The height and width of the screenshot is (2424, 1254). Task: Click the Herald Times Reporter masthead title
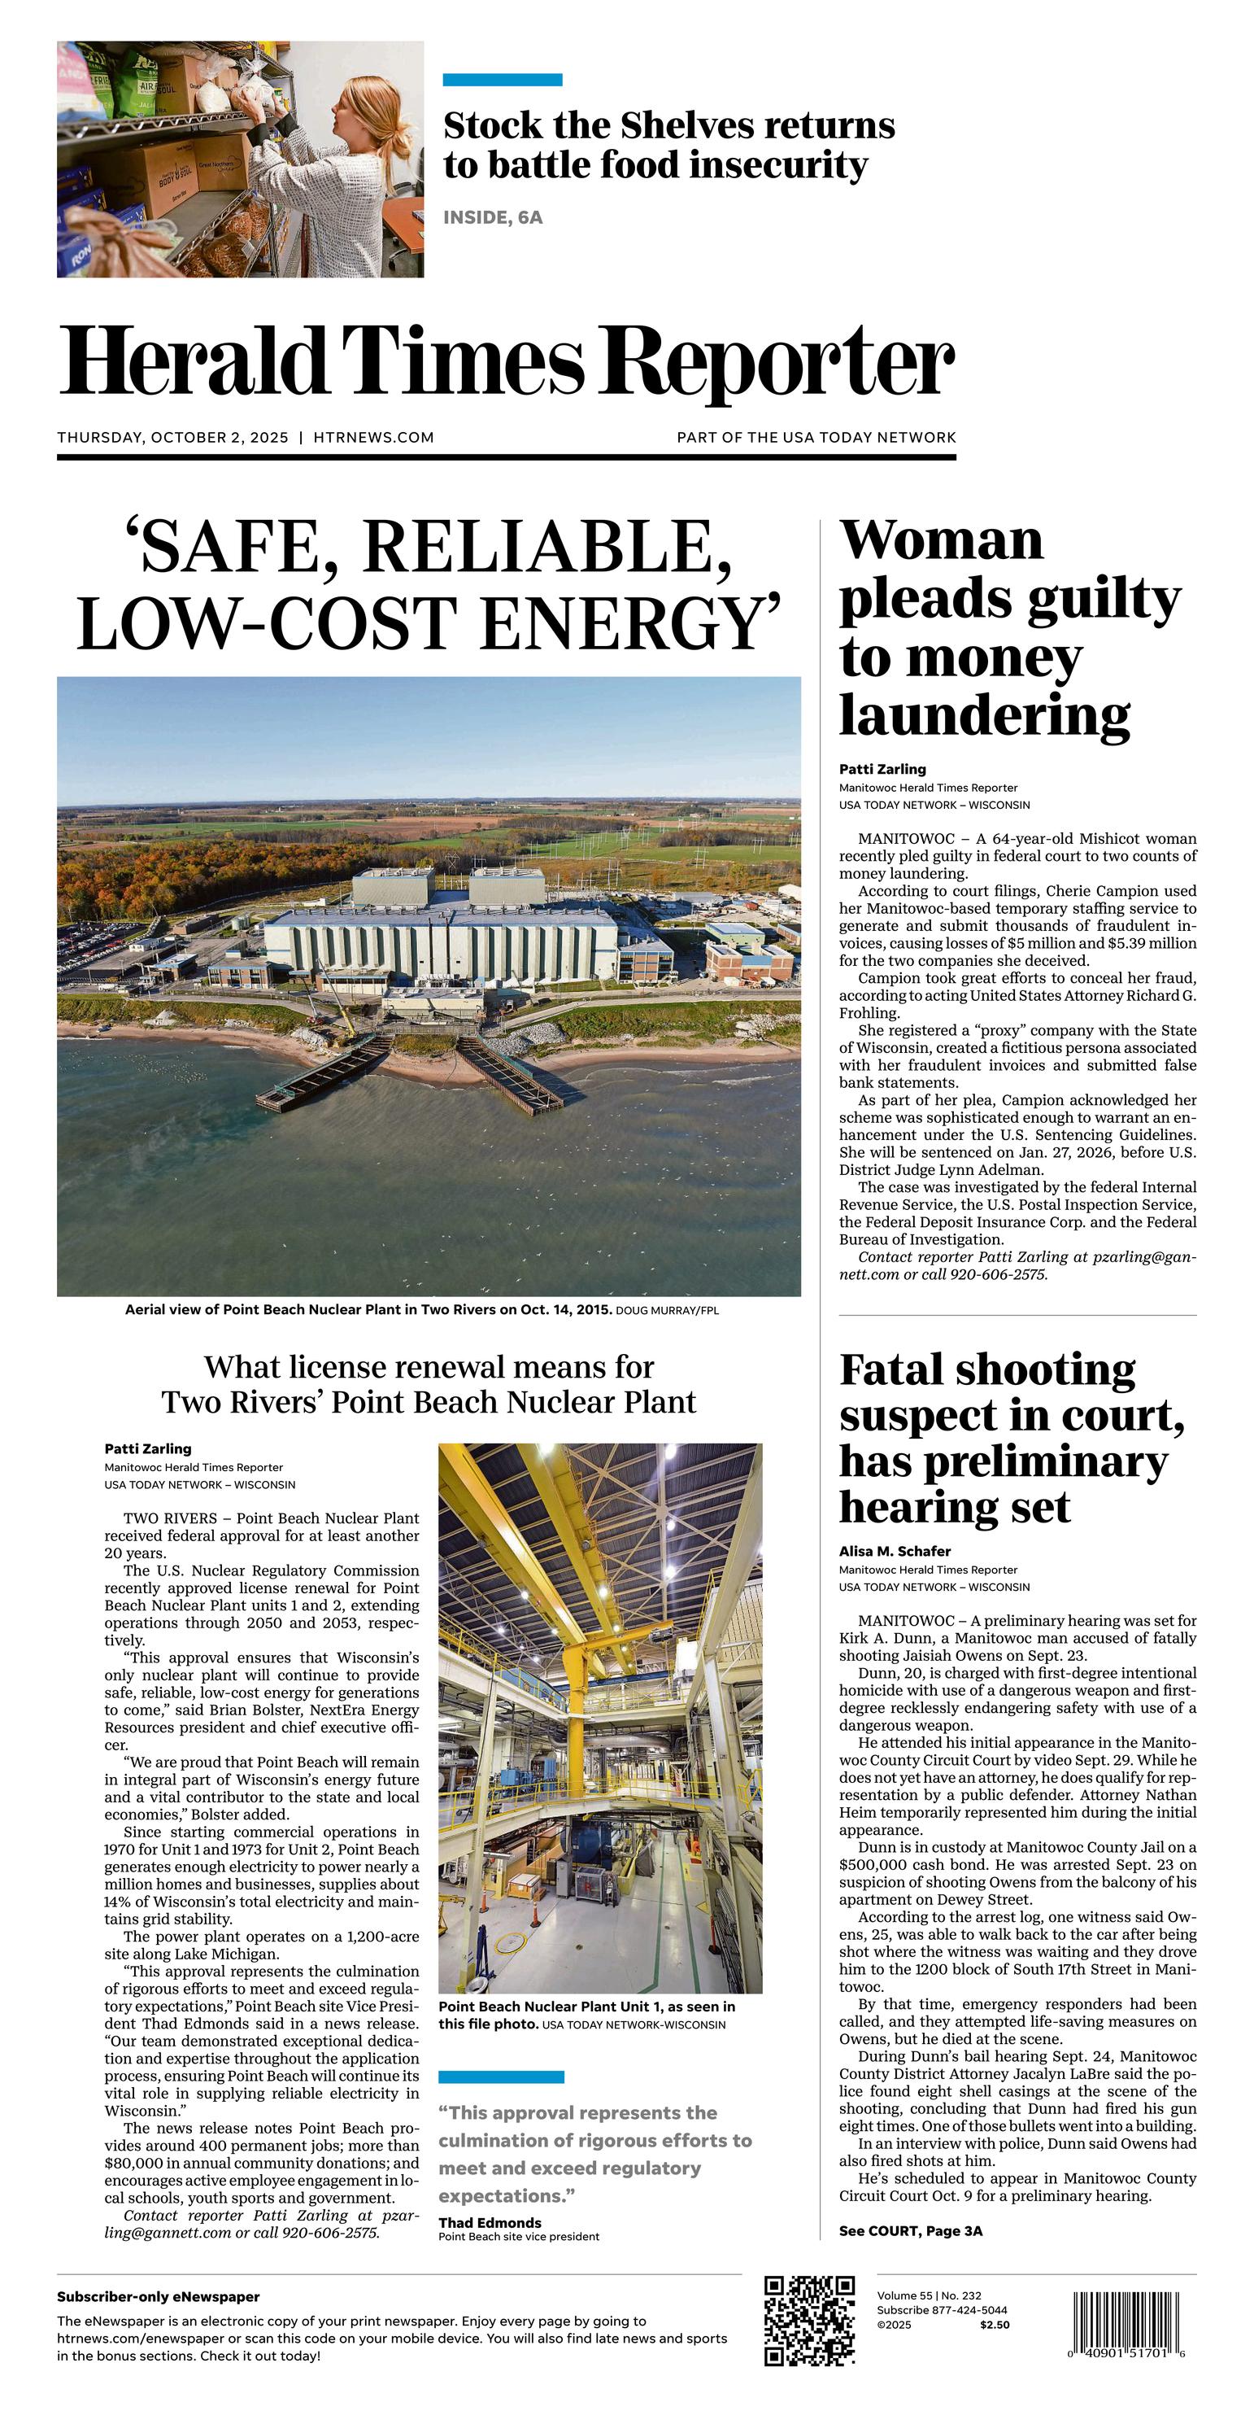[x=506, y=362]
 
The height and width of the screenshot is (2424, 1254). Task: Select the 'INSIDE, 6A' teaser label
[x=493, y=217]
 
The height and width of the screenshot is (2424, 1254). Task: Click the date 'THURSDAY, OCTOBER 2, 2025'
[x=172, y=438]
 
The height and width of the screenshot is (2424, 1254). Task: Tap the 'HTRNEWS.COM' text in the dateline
[x=373, y=438]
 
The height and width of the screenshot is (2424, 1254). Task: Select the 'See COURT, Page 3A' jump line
[x=911, y=2230]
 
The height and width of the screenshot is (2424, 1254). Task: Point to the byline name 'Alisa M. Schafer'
[x=895, y=1551]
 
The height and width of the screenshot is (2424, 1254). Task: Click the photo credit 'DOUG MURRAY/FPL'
[x=667, y=1310]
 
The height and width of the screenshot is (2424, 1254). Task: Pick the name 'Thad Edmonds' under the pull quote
[x=490, y=2223]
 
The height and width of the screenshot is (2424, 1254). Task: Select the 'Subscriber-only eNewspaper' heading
[x=158, y=2297]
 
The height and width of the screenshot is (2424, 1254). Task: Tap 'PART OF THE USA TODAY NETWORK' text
[x=816, y=438]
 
